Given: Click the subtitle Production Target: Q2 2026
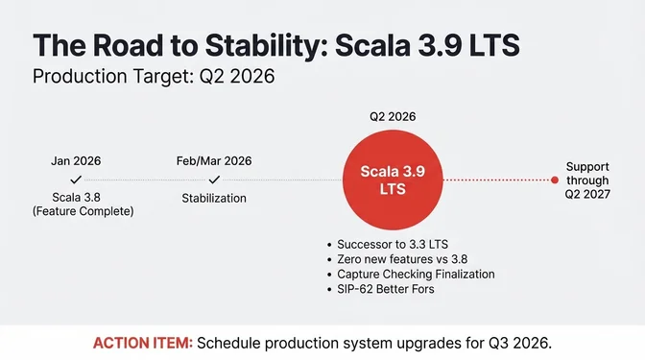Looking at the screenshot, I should [x=154, y=78].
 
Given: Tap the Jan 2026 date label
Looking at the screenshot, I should [x=76, y=161].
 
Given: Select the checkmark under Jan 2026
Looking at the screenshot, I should [x=76, y=179].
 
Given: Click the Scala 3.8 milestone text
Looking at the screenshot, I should [x=76, y=197].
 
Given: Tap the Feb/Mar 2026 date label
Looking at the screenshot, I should [x=214, y=161].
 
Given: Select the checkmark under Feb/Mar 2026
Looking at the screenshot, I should [x=214, y=179].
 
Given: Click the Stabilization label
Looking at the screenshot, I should [x=214, y=198].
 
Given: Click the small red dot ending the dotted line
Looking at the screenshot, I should [x=555, y=180].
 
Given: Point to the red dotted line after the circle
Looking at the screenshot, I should [x=499, y=180].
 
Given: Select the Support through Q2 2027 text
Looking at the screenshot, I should [x=587, y=180].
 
